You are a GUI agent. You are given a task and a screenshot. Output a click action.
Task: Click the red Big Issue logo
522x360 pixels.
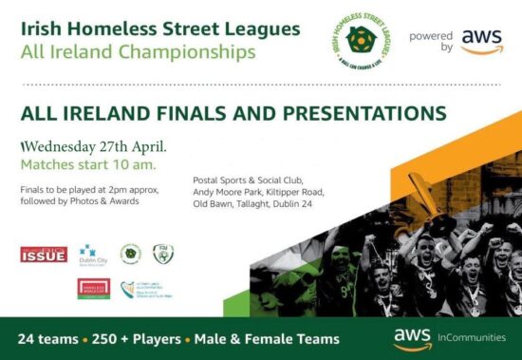point(44,254)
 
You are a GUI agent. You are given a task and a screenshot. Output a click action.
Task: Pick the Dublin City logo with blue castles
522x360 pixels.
point(88,254)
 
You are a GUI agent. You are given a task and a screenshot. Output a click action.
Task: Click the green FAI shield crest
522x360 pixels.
point(163,254)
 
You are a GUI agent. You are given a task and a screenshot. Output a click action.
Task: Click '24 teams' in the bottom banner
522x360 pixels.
point(48,339)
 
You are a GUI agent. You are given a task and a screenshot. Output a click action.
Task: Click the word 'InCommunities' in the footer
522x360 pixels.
point(472,335)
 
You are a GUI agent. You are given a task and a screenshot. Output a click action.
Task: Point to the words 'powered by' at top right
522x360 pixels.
point(430,41)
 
